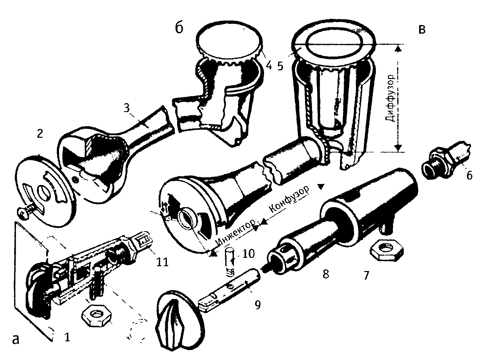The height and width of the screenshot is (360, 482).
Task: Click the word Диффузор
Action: [x=391, y=99]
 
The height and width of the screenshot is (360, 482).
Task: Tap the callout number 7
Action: [x=366, y=275]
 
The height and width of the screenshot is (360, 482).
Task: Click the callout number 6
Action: [x=469, y=175]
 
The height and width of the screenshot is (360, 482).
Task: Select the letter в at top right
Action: [x=422, y=29]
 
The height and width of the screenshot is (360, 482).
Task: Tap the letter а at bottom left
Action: [x=15, y=339]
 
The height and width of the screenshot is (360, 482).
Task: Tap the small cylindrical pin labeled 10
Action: [x=229, y=261]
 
